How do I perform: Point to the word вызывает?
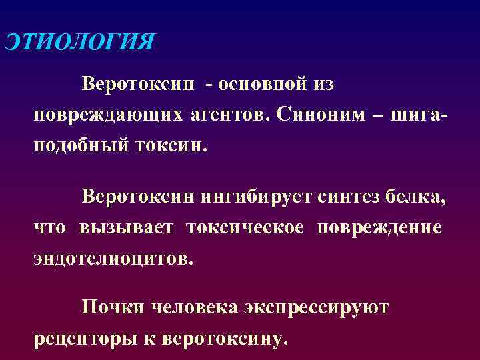126,227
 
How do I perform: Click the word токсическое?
245,227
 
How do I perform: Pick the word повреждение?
379,227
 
